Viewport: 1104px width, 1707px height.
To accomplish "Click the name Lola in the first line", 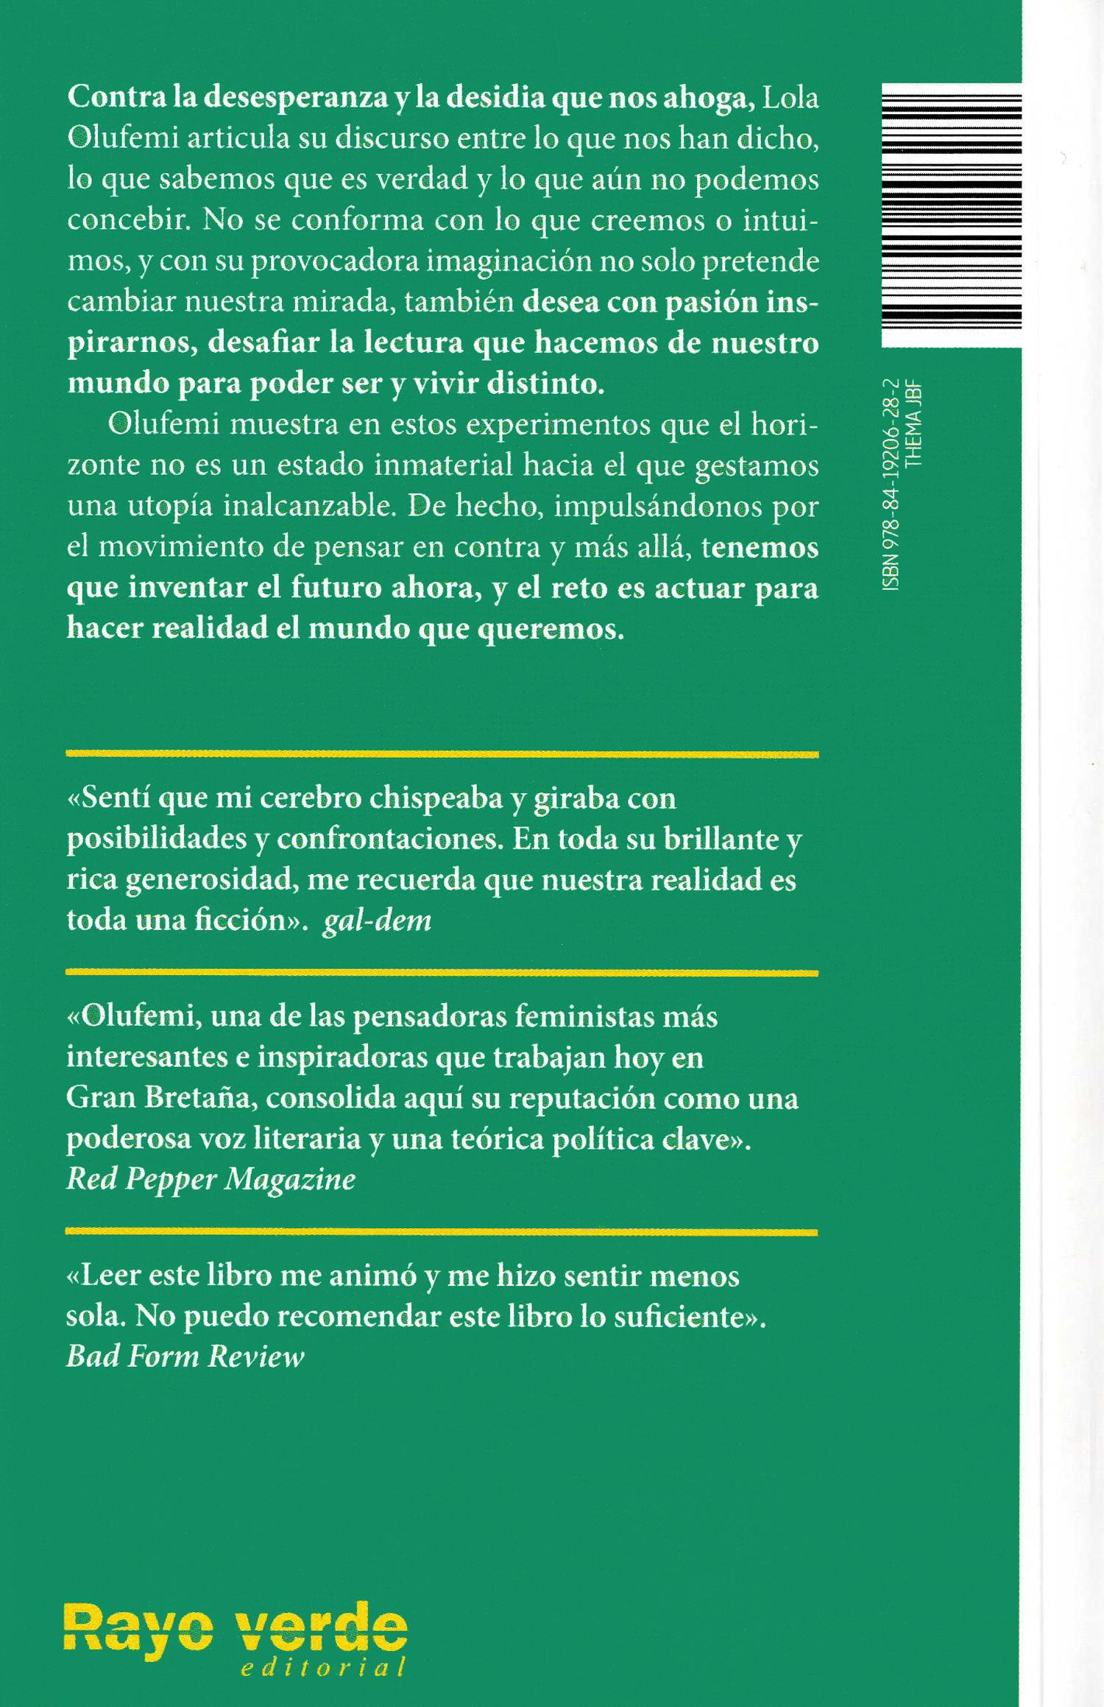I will click(x=790, y=99).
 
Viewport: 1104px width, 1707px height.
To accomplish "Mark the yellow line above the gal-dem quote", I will click(x=442, y=754).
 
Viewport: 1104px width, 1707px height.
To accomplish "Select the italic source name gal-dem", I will click(x=377, y=921).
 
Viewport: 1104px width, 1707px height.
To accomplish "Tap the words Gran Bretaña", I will click(x=160, y=1098).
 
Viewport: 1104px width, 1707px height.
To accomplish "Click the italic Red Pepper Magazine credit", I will click(x=210, y=1179).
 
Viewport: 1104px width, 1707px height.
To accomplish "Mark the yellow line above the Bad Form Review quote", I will click(x=442, y=1231).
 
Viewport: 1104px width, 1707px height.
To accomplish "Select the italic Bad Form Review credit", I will click(x=185, y=1356).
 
